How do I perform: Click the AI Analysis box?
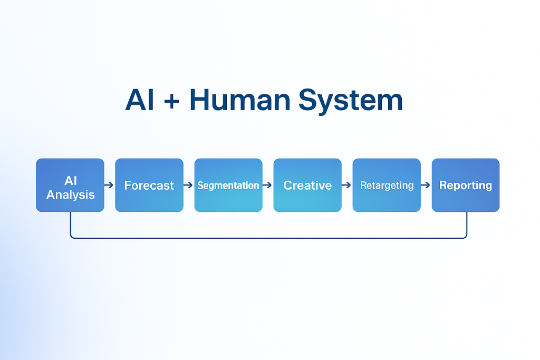point(70,185)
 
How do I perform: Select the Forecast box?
point(149,185)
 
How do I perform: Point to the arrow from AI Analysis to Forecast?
point(109,186)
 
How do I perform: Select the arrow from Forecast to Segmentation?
point(188,186)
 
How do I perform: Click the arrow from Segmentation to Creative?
point(267,186)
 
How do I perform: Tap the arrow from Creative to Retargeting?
point(346,186)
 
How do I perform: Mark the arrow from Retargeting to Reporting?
point(426,186)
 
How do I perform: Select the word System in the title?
point(350,100)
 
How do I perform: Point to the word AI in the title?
point(140,100)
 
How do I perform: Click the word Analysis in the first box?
point(71,194)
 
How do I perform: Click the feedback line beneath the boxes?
point(269,238)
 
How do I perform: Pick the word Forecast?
point(149,186)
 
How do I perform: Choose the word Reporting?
point(466,186)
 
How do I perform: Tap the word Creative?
point(307,186)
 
